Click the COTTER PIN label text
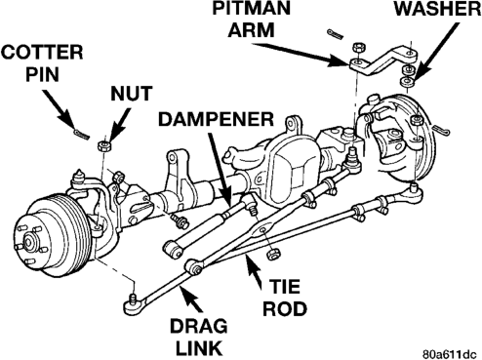click(42, 63)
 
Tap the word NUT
click(132, 94)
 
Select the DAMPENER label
click(216, 119)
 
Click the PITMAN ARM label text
click(251, 19)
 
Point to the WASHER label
click(437, 9)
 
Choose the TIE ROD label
click(285, 298)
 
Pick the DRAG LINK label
click(199, 338)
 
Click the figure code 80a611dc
click(452, 353)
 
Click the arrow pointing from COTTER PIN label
click(60, 110)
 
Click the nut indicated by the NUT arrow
click(104, 145)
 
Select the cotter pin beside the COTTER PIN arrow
click(81, 134)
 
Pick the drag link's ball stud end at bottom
click(134, 304)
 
